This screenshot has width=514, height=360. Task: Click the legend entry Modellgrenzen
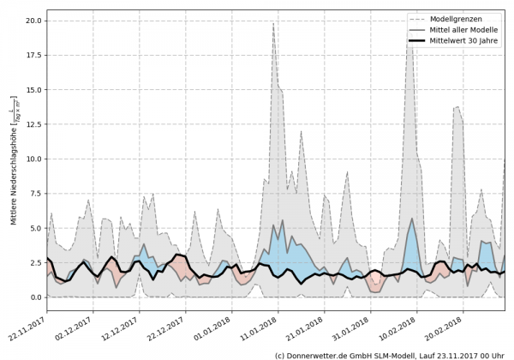pyautogui.click(x=455, y=18)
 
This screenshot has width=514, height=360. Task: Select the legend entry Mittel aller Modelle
pyautogui.click(x=463, y=29)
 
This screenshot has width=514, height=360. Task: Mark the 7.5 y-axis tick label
pyautogui.click(x=33, y=194)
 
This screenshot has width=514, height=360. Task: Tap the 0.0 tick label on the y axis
pyautogui.click(x=33, y=297)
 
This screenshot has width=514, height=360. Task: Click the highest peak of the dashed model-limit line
pyautogui.click(x=273, y=24)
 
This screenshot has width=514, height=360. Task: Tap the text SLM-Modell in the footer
pyautogui.click(x=393, y=354)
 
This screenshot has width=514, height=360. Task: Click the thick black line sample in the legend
pyautogui.click(x=415, y=40)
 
